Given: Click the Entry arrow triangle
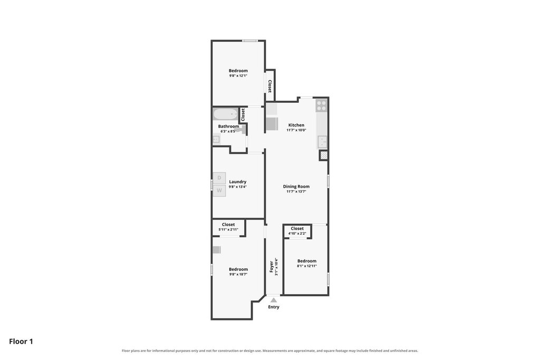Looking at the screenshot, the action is (274, 300).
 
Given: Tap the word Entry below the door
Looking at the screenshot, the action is (274, 307).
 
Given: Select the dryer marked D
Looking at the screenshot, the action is (219, 178).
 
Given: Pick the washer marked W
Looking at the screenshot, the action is (219, 190).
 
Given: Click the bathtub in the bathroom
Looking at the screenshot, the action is (225, 114).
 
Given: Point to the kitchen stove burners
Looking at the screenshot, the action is (321, 105).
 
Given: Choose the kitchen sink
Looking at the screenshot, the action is (322, 141).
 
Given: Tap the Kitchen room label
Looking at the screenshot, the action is (296, 125).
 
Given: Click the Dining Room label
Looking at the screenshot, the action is (296, 187).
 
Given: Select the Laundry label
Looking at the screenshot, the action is (238, 182).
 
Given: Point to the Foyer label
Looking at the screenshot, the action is (272, 267).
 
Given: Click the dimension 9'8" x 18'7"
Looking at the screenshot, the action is (238, 274).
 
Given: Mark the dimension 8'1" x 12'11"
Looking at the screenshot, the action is (307, 266).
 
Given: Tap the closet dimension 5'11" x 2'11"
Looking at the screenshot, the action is (228, 230).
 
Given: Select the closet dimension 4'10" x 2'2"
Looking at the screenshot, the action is (297, 233).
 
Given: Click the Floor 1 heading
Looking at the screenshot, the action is (21, 342).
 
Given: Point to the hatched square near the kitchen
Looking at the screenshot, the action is (323, 155).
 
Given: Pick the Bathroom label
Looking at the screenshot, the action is (228, 127).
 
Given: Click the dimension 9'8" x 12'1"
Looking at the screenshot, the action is (238, 76).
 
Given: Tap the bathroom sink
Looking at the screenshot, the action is (216, 139).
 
